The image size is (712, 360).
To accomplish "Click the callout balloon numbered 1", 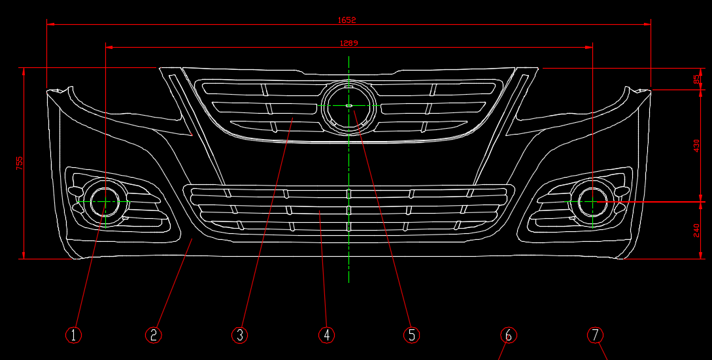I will pos(73,335).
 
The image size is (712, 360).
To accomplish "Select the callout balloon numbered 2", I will pos(153,335).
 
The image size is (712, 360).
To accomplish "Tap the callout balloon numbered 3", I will pos(240,335).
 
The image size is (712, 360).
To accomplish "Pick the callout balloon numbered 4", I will pos(326,335).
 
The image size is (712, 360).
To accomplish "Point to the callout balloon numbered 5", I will pos(411,335).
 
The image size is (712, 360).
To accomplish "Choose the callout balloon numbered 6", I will pos(509,335).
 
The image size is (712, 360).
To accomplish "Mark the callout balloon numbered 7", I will pos(594,335).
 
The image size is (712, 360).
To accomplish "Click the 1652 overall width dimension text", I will pos(347,20).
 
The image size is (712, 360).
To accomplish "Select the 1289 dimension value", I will pos(348,43).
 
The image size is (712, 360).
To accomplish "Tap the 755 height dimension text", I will pos(20,163).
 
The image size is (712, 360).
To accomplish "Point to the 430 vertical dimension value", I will pos(697,145).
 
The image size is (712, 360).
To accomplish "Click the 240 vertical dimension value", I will pos(697,230).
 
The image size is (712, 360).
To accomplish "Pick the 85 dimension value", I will pos(697,78).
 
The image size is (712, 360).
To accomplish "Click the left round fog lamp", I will pos(104,202).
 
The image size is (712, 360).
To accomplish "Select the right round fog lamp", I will pos(592,202).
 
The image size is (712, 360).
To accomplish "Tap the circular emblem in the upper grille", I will pos(348,105).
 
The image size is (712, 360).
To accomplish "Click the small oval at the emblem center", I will pos(348,105).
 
